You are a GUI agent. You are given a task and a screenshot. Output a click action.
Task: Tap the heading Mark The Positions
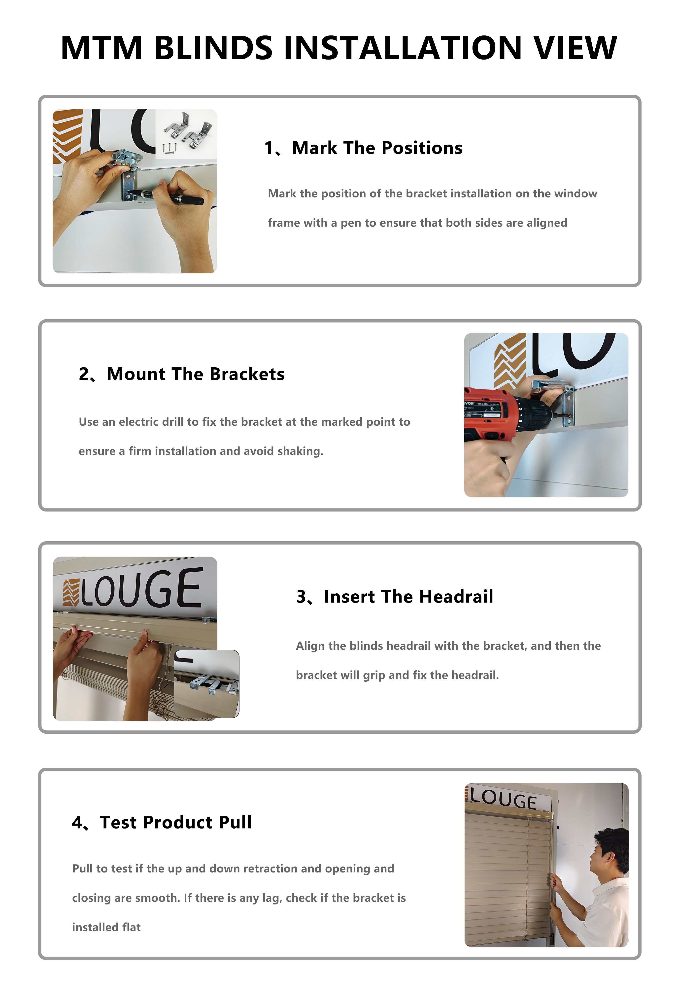click(x=377, y=148)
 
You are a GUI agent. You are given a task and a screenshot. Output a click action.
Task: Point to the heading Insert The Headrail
click(x=409, y=597)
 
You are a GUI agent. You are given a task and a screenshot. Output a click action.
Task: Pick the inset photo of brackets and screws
click(x=186, y=134)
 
